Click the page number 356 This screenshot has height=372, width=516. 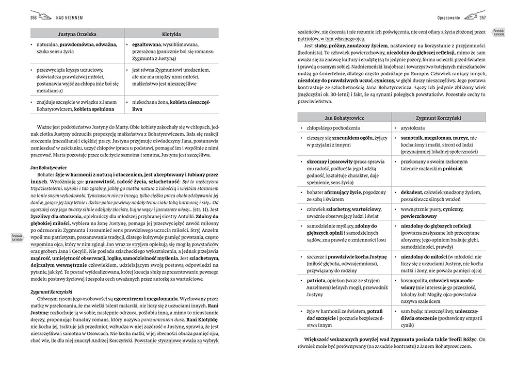tap(22, 18)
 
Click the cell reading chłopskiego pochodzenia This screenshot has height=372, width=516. tap(330, 127)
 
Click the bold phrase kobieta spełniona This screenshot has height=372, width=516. tap(94, 109)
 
